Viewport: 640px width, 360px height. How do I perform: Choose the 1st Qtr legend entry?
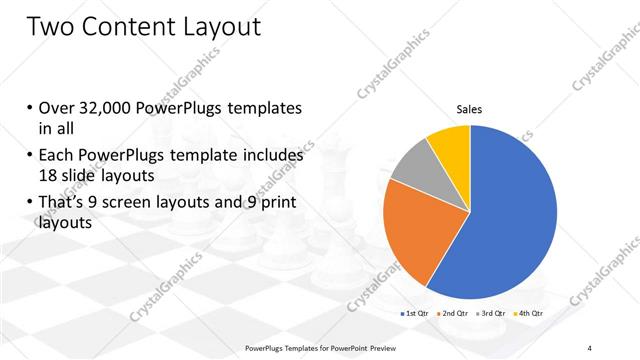click(415, 315)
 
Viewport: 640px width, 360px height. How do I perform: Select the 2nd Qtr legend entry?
click(454, 315)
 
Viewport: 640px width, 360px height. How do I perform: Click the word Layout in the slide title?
click(214, 27)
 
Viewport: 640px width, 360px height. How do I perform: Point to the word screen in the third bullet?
click(136, 205)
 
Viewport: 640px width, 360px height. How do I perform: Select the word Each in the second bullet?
click(57, 156)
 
